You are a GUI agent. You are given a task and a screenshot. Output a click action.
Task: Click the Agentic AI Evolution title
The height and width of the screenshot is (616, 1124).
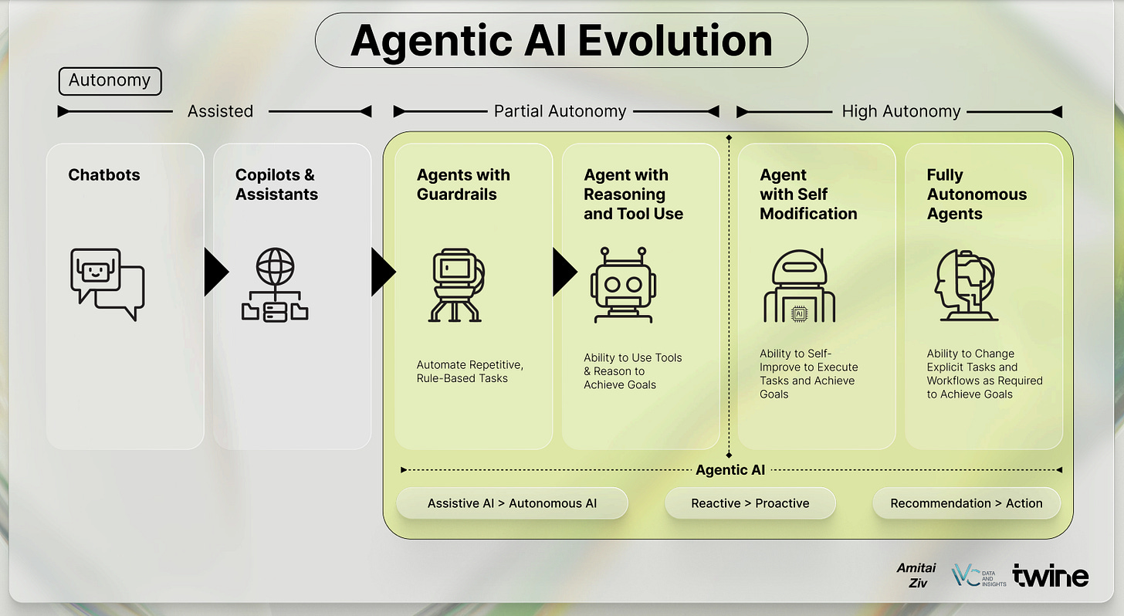(561, 40)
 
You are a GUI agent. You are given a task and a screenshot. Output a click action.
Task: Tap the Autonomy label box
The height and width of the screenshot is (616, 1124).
(110, 80)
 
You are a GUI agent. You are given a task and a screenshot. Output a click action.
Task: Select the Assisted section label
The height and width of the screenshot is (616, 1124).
(220, 111)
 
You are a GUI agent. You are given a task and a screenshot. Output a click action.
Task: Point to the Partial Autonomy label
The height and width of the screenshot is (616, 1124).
(560, 111)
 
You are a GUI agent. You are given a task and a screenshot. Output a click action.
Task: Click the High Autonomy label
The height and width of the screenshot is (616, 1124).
(901, 111)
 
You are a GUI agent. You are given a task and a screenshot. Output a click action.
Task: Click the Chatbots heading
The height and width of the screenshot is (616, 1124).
(104, 175)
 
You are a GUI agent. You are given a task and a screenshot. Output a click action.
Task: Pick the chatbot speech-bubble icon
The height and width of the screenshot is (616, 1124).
(107, 283)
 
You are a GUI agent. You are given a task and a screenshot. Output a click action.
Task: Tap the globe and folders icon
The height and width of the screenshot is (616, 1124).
(274, 283)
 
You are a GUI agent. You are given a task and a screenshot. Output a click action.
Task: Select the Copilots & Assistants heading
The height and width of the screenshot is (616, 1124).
(276, 184)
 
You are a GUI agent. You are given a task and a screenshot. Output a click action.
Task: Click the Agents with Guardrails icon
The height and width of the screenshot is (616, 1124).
(456, 283)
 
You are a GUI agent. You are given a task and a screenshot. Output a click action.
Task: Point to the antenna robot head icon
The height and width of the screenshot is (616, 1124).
(623, 283)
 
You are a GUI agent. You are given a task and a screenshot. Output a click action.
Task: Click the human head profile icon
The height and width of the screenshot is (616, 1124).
(965, 284)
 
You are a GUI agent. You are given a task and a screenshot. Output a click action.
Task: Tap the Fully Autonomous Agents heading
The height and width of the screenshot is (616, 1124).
(977, 195)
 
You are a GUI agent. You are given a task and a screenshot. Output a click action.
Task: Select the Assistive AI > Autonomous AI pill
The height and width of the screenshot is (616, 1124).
(512, 503)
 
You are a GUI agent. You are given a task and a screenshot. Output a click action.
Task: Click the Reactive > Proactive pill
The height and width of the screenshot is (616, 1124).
(750, 503)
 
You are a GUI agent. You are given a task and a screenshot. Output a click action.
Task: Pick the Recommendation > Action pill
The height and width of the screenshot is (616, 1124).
(966, 503)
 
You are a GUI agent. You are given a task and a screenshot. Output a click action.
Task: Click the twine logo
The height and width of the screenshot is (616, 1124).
(1050, 576)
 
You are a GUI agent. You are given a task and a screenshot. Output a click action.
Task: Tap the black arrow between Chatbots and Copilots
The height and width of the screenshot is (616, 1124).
(215, 272)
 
